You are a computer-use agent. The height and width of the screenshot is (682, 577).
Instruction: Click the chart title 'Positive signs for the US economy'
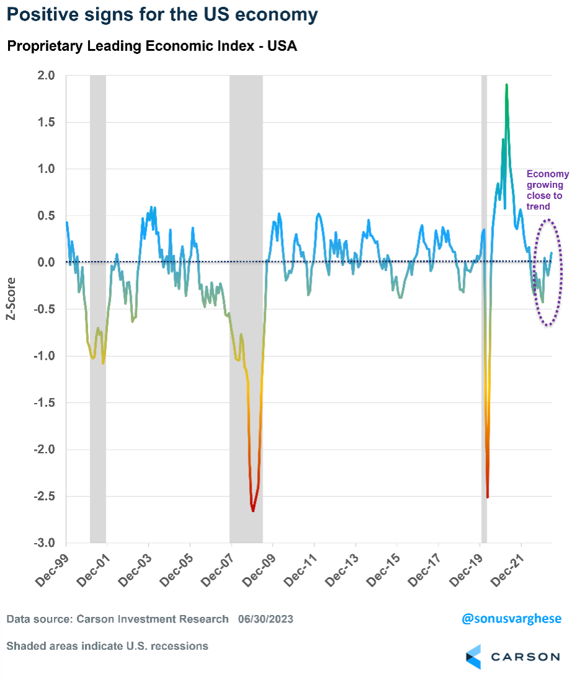point(161,15)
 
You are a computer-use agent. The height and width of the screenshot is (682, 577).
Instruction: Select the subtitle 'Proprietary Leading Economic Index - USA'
point(152,47)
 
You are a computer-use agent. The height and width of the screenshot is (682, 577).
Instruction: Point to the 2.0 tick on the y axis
point(47,76)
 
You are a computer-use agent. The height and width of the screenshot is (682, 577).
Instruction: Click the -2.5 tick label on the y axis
point(45,497)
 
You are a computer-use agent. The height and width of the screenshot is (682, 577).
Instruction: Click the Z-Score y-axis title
point(11,298)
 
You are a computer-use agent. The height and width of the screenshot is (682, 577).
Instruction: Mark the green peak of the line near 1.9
point(507,85)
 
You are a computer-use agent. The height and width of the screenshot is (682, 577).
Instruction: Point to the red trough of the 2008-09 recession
point(253,510)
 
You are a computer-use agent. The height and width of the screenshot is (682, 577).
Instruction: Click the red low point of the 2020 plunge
point(488,497)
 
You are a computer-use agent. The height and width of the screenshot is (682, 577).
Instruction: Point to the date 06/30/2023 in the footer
point(265,619)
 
